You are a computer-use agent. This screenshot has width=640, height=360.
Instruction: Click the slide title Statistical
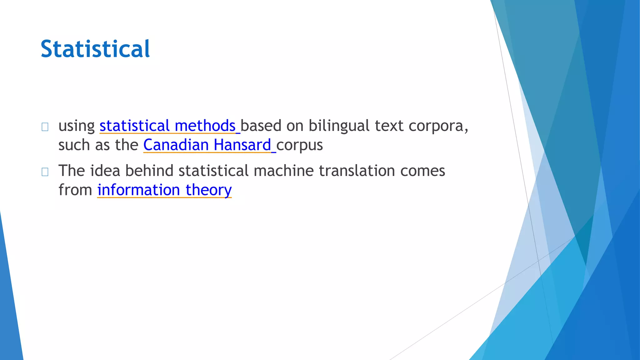[95, 49]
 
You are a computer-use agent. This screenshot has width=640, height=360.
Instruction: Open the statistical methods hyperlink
[167, 126]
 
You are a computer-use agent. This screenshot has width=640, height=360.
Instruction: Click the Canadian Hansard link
[207, 145]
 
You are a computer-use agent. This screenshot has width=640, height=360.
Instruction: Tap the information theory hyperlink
[164, 190]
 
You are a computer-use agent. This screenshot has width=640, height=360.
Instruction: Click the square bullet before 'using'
[45, 127]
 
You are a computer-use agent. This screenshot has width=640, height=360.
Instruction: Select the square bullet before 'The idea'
[45, 172]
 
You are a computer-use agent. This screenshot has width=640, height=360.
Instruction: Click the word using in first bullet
[77, 126]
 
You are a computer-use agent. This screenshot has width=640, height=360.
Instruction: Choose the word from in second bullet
[75, 190]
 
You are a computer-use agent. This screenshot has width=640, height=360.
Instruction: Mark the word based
[261, 126]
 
